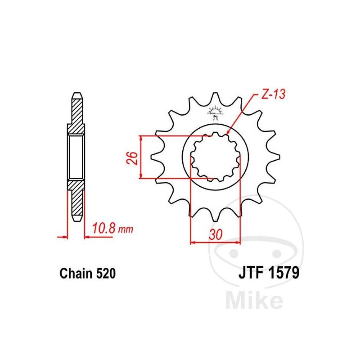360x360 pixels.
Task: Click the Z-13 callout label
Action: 273,94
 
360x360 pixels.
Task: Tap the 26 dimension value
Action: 132,158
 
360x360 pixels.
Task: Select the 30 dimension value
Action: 216,234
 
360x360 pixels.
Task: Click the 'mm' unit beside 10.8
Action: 126,229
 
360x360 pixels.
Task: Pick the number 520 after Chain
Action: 106,274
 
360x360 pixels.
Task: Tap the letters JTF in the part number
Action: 251,273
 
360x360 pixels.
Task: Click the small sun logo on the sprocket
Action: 215,112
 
